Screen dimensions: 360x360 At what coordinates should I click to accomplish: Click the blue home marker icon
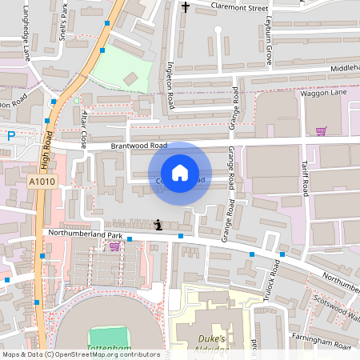coord(180,173)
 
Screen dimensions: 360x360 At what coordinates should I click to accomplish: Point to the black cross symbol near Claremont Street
coord(186,7)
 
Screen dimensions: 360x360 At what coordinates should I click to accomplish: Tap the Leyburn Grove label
coord(269,40)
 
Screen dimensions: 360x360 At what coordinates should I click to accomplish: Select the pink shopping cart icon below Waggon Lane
coord(322,130)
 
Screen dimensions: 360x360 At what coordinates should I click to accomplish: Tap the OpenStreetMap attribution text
coord(80,354)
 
